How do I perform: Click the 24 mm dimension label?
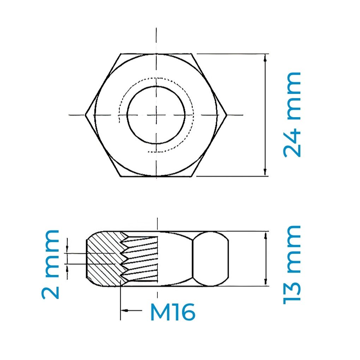292,115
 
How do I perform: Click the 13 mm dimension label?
292,264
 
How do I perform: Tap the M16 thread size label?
172,312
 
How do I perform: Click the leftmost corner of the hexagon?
86,115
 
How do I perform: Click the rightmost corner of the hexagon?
226,115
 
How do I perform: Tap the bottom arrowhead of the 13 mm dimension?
265,281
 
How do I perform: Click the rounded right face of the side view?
210,259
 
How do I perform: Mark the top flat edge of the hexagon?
156,54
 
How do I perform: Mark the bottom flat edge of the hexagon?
156,176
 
